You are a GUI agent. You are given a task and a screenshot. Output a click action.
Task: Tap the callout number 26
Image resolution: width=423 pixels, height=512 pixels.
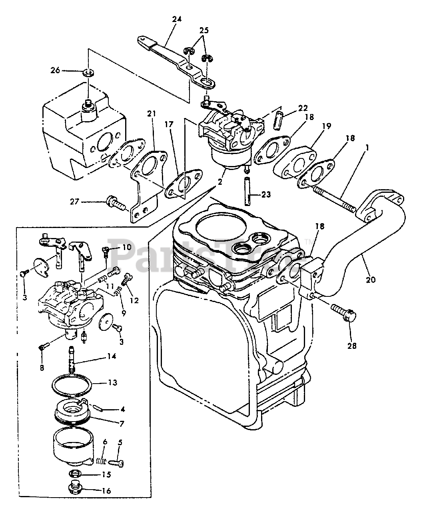55,70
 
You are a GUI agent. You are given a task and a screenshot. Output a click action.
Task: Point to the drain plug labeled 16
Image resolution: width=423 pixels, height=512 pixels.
73,489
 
